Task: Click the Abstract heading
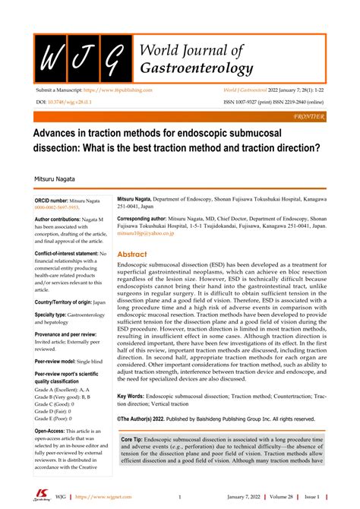132,254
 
